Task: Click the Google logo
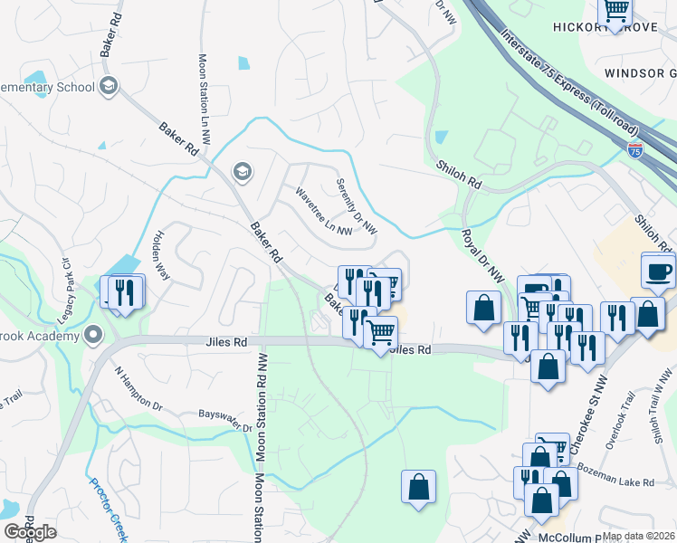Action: pos(30,532)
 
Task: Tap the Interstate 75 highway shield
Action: pos(635,149)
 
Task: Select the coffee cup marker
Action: pos(658,271)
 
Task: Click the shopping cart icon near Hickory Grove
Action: pos(615,11)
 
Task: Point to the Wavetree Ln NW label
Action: pos(324,212)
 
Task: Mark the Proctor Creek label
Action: pos(108,507)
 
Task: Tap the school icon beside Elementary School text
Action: pos(109,87)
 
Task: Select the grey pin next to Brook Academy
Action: pos(93,336)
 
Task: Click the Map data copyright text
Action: pos(638,536)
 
